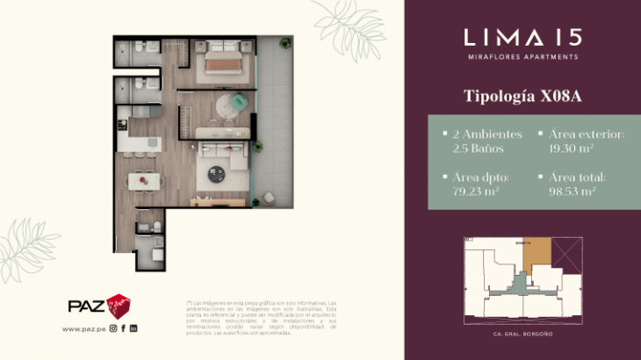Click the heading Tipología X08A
coord(522,96)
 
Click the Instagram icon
coord(113,328)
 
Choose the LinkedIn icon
coord(133,328)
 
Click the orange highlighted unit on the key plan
coord(536,256)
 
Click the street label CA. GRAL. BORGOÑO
coord(522,335)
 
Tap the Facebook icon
coord(124,328)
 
